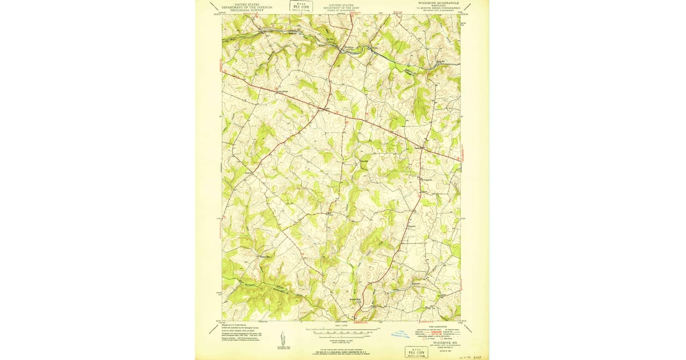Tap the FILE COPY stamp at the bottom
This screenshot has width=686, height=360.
pos(418,352)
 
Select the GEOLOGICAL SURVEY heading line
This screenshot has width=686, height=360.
pos(248,10)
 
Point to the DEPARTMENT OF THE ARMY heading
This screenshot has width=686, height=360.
pos(341,7)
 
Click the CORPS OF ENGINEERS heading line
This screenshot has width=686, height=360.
pos(341,10)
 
